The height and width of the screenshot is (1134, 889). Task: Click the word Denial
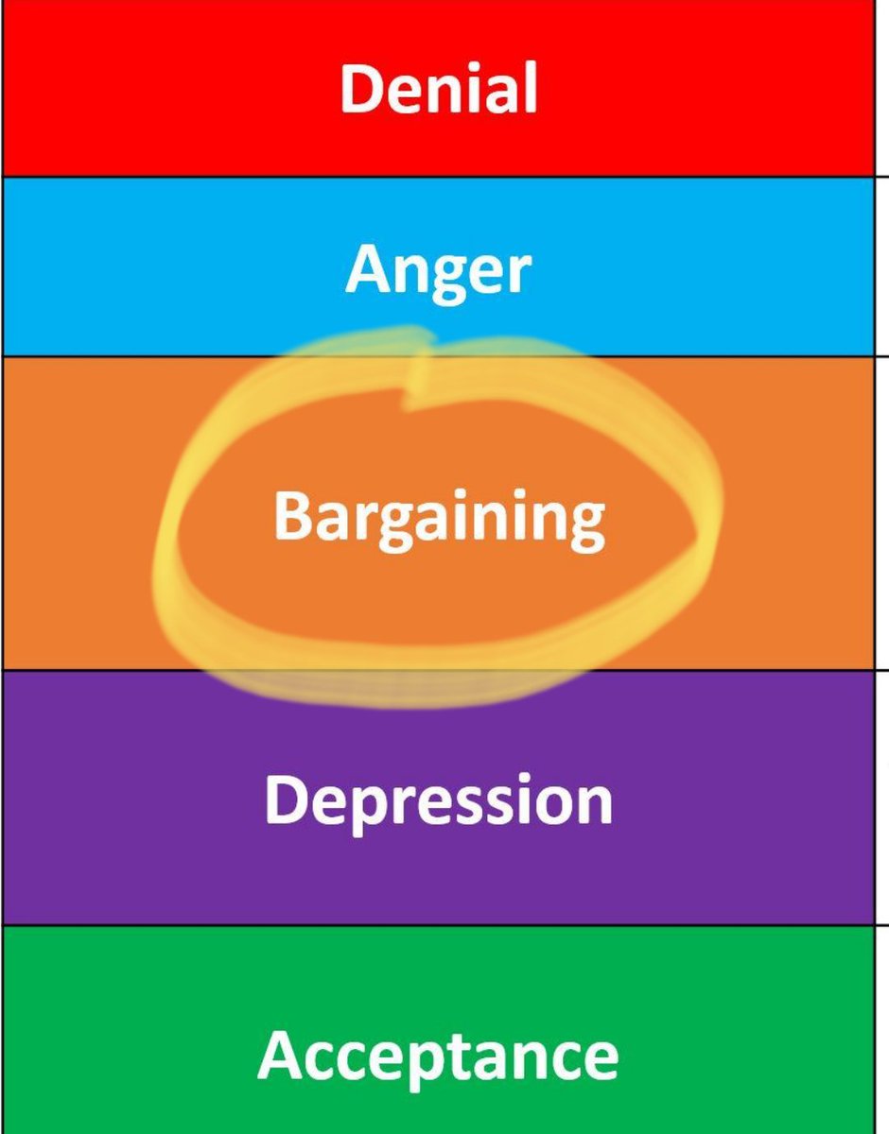(x=439, y=89)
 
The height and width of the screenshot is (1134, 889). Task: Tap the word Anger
(x=438, y=270)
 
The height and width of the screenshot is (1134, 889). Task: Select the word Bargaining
(x=439, y=517)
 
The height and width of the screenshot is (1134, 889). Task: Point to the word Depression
(x=438, y=799)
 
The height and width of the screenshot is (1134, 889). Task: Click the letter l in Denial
(x=530, y=88)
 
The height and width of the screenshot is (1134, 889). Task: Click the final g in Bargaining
(x=585, y=525)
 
